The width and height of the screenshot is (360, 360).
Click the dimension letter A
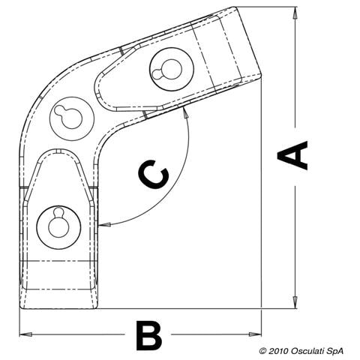coord(292,155)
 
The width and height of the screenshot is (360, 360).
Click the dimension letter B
coord(149,336)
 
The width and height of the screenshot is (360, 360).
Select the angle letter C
coord(153,174)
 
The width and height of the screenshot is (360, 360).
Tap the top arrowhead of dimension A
coord(295,13)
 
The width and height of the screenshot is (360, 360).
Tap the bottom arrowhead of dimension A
coord(295,301)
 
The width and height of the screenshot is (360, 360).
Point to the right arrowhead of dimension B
coord(255,334)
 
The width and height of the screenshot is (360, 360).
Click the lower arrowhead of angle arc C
coord(104,225)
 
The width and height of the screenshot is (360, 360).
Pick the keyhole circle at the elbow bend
coord(72,118)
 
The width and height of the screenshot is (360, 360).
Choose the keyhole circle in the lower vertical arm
coord(58,227)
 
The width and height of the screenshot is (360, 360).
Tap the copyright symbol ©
coord(262,351)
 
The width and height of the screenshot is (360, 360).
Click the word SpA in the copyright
coord(336,351)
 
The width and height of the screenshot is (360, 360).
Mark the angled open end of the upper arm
coord(247,41)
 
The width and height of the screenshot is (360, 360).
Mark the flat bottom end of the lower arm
coord(58,308)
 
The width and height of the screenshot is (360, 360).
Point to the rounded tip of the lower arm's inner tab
coord(58,150)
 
